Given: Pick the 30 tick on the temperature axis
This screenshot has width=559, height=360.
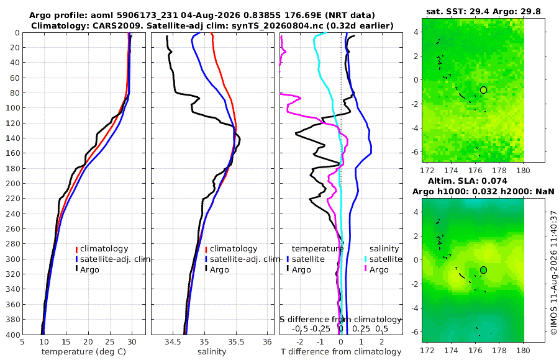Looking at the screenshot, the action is pos(132,342).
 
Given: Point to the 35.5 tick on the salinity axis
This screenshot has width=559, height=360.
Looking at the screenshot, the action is pos(236,342).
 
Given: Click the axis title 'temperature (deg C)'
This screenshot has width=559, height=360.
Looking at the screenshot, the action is pos(84,352).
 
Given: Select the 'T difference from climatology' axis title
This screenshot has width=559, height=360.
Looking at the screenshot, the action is pos(341,352).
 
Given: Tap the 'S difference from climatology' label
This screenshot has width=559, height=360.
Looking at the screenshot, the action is pos(340,320).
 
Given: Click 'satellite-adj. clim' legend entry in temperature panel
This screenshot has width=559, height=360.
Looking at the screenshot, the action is pos(112,259).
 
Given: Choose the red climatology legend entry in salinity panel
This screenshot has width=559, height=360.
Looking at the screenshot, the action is pos(232,249).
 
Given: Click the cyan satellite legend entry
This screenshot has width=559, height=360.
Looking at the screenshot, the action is pos(383,259).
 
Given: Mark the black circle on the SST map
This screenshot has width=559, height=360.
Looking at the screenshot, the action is pos(483,90).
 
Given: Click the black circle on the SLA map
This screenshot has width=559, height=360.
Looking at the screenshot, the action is pos(483,270).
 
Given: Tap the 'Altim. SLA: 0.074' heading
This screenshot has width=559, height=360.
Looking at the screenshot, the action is pos(467,181).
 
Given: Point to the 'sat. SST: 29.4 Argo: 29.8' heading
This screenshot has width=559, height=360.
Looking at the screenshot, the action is pos(483,12).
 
